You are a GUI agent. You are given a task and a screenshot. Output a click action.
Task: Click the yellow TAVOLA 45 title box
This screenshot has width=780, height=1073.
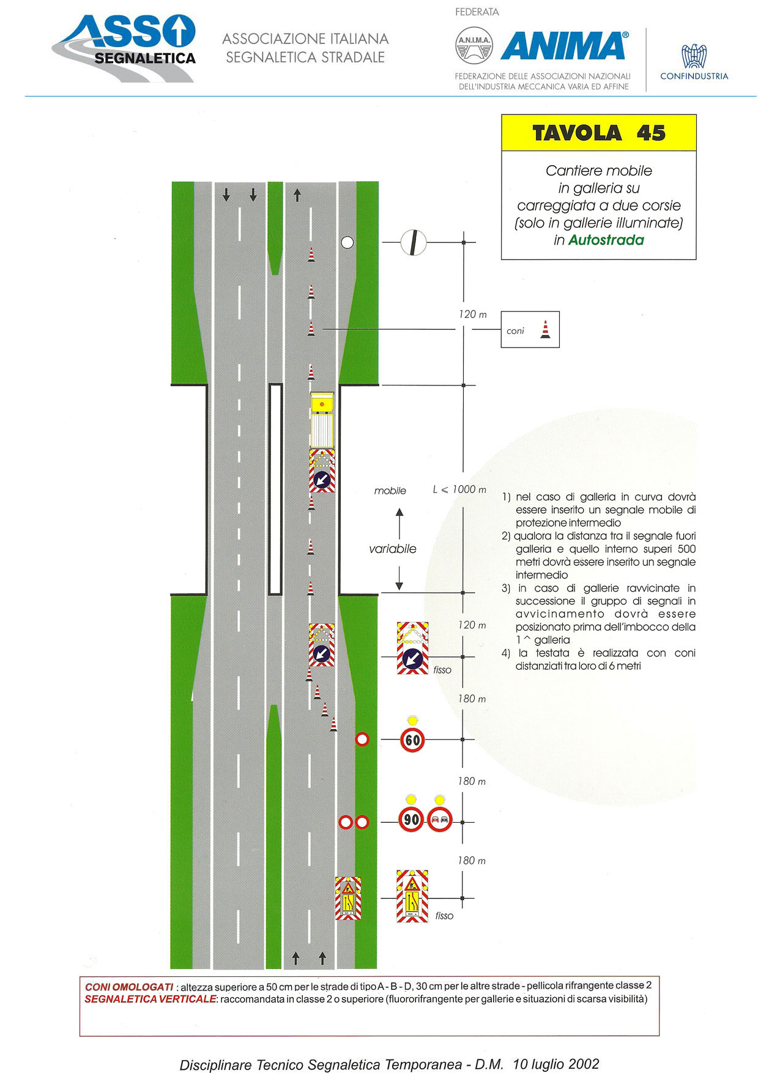[x=599, y=133]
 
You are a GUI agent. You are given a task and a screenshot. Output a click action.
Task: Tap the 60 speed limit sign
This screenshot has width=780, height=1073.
[x=412, y=740]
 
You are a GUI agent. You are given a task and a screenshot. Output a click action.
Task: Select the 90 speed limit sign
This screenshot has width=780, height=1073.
[x=411, y=819]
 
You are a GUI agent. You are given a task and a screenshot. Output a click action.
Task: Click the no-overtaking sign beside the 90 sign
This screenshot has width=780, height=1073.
[x=439, y=819]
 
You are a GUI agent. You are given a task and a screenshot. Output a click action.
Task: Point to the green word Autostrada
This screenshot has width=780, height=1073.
[x=606, y=240]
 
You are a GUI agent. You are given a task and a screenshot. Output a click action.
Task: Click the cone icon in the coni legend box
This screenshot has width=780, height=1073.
[x=545, y=330]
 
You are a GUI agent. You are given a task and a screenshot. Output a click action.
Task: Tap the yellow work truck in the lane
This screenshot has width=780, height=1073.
[x=322, y=420]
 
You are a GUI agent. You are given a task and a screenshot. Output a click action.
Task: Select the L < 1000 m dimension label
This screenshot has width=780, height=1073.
[x=459, y=489]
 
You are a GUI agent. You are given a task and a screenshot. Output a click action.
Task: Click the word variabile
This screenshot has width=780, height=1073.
[x=393, y=549]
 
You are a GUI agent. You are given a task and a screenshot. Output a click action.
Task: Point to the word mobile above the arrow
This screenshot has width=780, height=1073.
[x=390, y=491]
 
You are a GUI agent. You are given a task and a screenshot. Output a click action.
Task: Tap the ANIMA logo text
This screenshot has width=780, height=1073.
[x=564, y=46]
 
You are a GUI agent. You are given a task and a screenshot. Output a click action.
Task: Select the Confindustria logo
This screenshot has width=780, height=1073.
[x=694, y=62]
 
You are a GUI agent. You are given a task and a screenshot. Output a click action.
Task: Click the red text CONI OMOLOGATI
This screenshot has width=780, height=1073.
[x=129, y=987]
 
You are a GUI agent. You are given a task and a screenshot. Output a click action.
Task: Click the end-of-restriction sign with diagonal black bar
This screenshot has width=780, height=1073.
[x=414, y=242]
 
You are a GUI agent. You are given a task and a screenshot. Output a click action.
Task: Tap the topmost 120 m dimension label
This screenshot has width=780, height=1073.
[x=473, y=314]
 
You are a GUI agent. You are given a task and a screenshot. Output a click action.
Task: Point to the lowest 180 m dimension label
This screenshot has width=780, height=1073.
[x=472, y=861]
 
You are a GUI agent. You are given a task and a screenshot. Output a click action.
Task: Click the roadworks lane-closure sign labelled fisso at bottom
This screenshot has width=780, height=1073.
[x=412, y=896]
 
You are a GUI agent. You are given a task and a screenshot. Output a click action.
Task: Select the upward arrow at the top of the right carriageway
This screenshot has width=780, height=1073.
[x=297, y=195]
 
